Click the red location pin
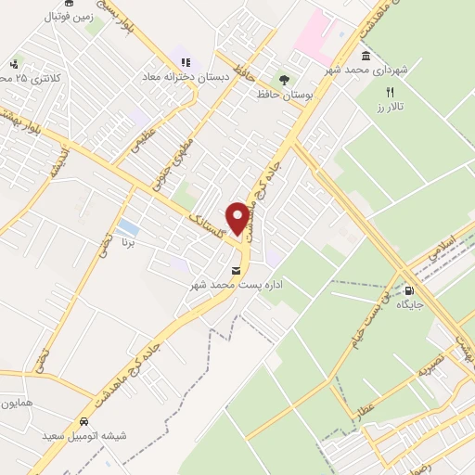pyautogui.click(x=238, y=218)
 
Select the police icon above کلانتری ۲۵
pyautogui.click(x=14, y=64)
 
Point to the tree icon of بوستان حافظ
pyautogui.click(x=285, y=81)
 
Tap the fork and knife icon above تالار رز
pyautogui.click(x=390, y=92)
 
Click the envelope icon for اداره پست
pyautogui.click(x=236, y=270)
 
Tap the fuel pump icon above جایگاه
pyautogui.click(x=409, y=288)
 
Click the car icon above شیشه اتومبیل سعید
pyautogui.click(x=83, y=419)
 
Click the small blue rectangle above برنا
pyautogui.click(x=129, y=227)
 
